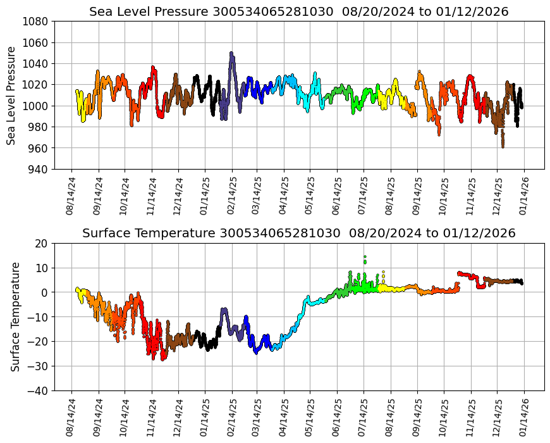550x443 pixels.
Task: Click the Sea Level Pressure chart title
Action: tap(298, 11)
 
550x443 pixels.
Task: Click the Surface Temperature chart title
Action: tap(298, 233)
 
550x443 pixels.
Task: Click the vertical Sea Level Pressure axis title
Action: tap(12, 95)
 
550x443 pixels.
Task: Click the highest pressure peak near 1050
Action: tap(231, 53)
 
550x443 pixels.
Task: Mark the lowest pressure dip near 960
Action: tap(503, 147)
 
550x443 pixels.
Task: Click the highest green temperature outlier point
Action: tap(365, 257)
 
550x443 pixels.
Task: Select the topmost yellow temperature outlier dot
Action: tap(383, 272)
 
